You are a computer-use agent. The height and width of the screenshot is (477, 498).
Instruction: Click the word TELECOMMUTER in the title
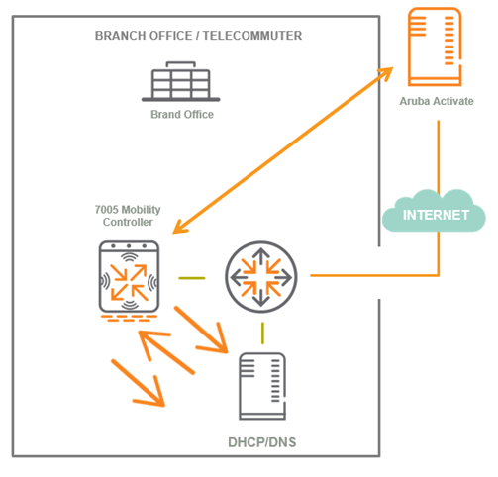pyautogui.click(x=252, y=36)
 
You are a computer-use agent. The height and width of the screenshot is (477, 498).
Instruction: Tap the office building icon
pyautogui.click(x=181, y=81)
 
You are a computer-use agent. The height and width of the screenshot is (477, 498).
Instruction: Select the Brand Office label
pyautogui.click(x=182, y=114)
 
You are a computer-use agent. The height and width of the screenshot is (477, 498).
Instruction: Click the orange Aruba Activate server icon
pyautogui.click(x=435, y=47)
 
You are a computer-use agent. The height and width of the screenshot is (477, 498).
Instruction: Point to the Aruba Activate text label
pyautogui.click(x=437, y=101)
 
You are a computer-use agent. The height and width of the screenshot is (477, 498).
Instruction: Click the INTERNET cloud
pyautogui.click(x=434, y=212)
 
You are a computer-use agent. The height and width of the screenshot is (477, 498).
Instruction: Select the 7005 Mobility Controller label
pyautogui.click(x=128, y=216)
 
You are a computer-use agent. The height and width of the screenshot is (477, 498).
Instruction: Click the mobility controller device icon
pyautogui.click(x=129, y=276)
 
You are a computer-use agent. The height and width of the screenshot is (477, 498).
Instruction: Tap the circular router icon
pyautogui.click(x=261, y=276)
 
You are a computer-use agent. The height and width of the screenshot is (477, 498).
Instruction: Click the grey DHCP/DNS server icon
pyautogui.click(x=262, y=386)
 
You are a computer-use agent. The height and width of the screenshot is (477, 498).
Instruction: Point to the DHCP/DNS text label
pyautogui.click(x=262, y=442)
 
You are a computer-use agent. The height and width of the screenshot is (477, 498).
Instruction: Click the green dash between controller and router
pyautogui.click(x=192, y=278)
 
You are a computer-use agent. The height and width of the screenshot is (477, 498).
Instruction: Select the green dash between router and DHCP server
pyautogui.click(x=262, y=334)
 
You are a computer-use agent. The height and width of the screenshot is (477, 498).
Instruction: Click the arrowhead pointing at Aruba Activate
pyautogui.click(x=384, y=73)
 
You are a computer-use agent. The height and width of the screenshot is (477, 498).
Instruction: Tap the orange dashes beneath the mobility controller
pyautogui.click(x=129, y=319)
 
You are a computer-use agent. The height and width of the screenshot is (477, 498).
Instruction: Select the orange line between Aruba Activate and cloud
pyautogui.click(x=439, y=156)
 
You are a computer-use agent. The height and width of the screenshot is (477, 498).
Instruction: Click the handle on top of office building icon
pyautogui.click(x=181, y=63)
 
